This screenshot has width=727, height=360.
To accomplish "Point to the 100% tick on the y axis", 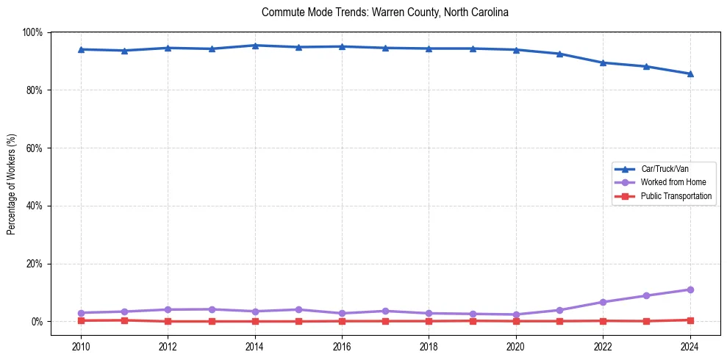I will click(32, 32).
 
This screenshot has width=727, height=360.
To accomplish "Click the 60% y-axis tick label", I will click(34, 148).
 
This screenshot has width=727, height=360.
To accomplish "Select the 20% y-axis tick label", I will click(34, 264).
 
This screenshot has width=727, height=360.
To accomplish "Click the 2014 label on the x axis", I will click(254, 346).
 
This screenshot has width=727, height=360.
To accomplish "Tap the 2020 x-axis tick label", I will click(515, 346).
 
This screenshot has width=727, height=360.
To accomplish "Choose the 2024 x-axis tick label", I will click(690, 346).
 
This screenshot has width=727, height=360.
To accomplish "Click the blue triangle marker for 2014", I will click(254, 46).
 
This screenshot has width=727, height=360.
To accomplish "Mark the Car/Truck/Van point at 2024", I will click(690, 73).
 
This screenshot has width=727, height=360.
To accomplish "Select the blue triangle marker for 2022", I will click(603, 62).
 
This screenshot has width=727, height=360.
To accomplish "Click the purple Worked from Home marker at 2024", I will click(690, 289).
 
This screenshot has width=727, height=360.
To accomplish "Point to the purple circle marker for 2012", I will click(168, 309).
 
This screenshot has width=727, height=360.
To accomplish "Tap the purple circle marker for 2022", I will click(603, 302).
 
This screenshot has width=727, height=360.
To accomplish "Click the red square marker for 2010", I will click(81, 320).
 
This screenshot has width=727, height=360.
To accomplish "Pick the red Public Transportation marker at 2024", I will click(690, 320).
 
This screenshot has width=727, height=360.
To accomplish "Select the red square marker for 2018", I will click(429, 321).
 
